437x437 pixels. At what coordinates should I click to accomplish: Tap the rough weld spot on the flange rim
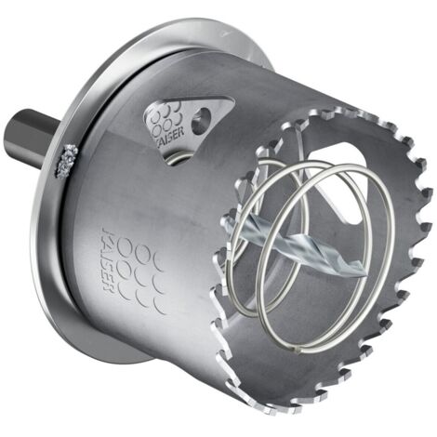(x=67, y=161)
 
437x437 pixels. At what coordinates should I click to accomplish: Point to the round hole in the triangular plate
(x=201, y=120)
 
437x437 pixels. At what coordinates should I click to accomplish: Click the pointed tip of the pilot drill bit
(x=364, y=272)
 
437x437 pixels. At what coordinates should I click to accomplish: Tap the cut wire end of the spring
(x=297, y=350)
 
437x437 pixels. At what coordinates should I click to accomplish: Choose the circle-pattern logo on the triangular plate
(x=166, y=115)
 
